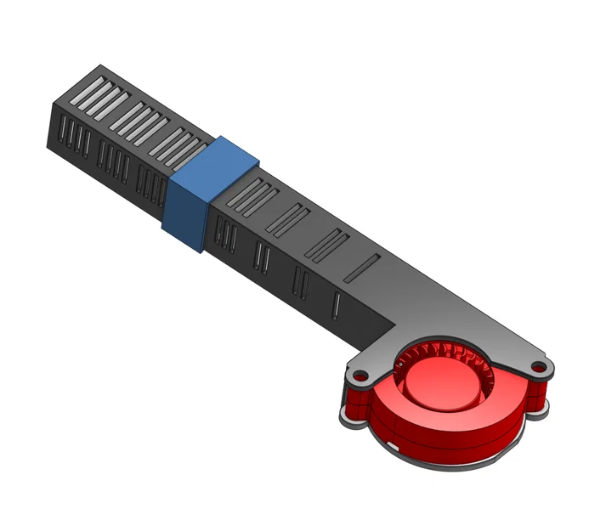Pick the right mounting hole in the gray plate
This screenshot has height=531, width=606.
point(537,366)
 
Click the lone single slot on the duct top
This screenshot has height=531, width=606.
point(362,267)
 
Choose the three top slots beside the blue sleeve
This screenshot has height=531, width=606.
point(251,195)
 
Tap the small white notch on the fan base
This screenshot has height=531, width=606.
point(394,443)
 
